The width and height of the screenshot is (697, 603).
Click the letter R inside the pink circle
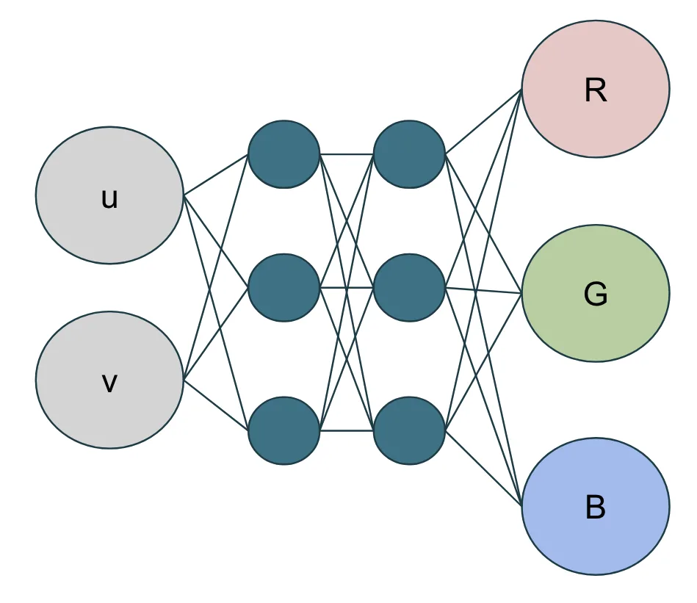(596, 90)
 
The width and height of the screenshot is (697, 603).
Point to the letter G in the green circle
(596, 295)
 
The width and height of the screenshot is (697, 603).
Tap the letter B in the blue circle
(596, 508)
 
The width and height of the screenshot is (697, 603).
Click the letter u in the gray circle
(109, 199)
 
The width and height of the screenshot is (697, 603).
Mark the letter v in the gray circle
(109, 383)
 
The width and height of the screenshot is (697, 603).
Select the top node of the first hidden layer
(284, 154)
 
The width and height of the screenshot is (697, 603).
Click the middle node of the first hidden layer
(284, 288)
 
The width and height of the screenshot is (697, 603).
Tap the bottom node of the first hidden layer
(284, 430)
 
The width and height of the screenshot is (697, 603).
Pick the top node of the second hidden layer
(409, 154)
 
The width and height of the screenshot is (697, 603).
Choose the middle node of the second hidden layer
(409, 288)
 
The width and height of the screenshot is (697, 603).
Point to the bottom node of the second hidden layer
(409, 430)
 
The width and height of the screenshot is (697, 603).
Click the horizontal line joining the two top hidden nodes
(347, 154)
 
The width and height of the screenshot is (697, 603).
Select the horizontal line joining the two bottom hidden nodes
(347, 430)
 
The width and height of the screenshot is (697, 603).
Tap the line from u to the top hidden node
(215, 175)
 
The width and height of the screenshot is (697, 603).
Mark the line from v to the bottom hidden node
(215, 404)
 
